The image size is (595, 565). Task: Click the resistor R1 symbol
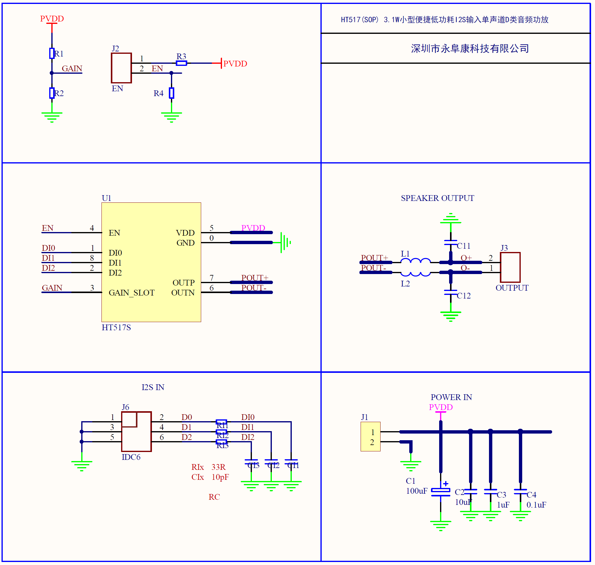[52, 53]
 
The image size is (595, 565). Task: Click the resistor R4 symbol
[172, 93]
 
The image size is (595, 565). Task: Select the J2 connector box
[121, 68]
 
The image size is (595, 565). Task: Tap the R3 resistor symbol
[182, 63]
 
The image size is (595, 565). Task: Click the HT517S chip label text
[116, 328]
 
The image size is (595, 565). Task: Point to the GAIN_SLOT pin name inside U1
[131, 292]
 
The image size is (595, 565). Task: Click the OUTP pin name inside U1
[183, 282]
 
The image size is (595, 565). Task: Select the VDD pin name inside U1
[185, 233]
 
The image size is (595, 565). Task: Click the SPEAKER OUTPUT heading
[437, 198]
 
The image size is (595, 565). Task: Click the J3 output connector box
[510, 267]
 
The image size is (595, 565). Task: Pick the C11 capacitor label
[464, 246]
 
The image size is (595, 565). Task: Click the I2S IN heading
[153, 387]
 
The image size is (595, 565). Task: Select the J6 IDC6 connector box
[137, 431]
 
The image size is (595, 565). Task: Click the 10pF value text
[220, 477]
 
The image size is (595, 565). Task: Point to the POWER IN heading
[451, 397]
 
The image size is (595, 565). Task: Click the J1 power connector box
[371, 437]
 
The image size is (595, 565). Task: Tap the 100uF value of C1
[417, 491]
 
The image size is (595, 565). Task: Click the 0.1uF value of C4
[536, 505]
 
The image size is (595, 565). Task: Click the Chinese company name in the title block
[470, 48]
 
